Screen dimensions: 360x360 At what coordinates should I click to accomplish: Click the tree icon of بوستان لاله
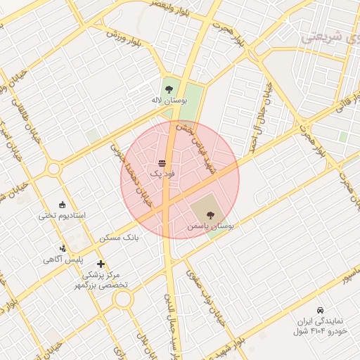point(168,89)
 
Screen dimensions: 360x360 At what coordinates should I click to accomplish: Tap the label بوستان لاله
point(169,101)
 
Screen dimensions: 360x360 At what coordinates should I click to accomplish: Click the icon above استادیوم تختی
point(62,205)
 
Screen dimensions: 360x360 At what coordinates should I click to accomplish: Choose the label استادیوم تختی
point(61,215)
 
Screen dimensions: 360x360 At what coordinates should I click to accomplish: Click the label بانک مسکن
point(120,238)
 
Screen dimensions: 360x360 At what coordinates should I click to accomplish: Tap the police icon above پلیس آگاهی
point(63,248)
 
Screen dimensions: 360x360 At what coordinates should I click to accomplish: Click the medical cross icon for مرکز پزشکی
point(101,264)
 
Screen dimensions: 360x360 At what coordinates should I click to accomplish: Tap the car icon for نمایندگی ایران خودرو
point(320,310)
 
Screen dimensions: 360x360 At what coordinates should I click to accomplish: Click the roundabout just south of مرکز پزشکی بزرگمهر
point(123,300)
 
